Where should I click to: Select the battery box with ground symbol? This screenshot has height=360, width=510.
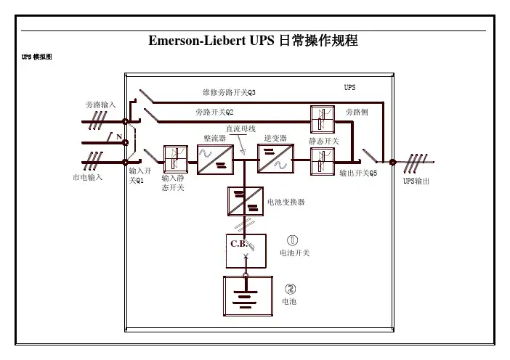[245, 296]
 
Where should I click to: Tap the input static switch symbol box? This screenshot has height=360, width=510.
[175, 158]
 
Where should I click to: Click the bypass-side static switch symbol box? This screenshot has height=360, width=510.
[322, 119]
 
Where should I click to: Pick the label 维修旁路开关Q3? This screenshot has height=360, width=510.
[229, 93]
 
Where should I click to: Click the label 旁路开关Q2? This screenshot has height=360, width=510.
[214, 112]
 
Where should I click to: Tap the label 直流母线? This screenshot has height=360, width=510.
[241, 128]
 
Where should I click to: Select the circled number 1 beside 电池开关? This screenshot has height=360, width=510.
[291, 240]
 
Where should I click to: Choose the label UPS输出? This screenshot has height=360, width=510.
[416, 181]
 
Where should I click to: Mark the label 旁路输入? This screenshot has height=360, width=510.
[101, 105]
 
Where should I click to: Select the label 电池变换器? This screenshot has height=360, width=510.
[286, 202]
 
